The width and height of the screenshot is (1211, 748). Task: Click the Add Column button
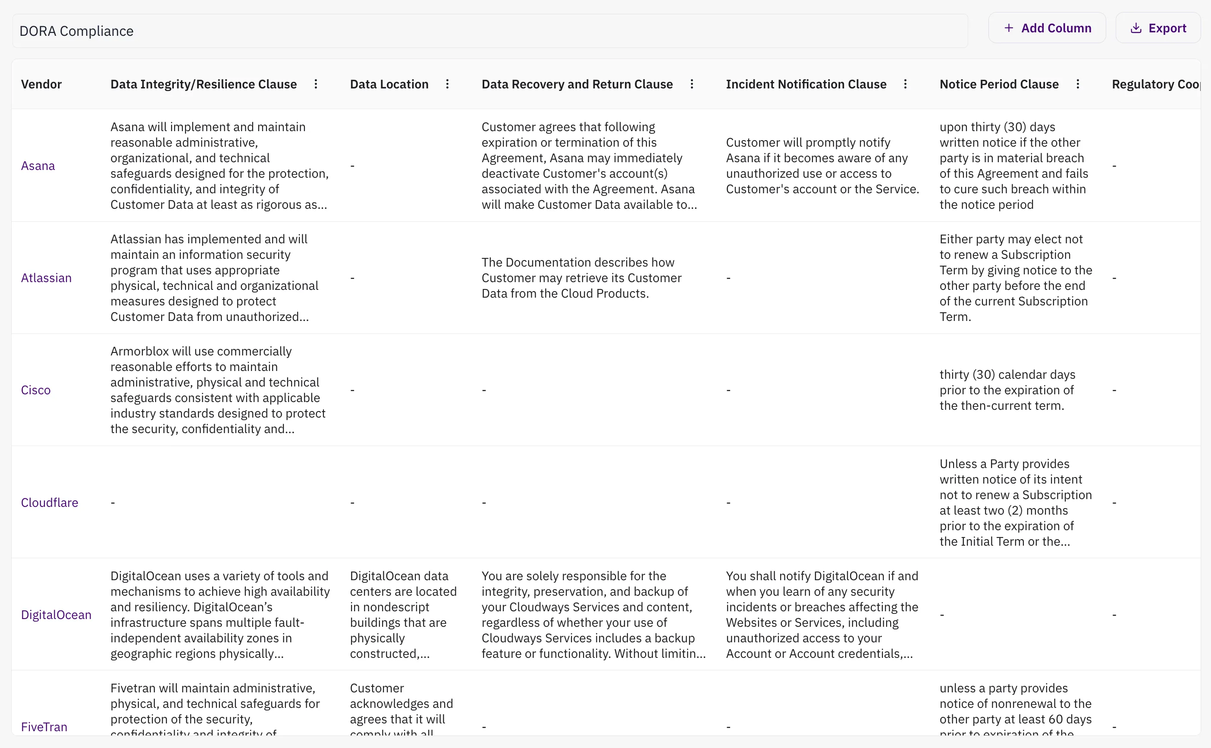point(1047,28)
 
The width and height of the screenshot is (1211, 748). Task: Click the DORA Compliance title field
point(489,31)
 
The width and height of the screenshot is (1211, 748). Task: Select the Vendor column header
point(41,84)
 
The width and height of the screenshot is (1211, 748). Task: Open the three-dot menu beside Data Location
point(448,84)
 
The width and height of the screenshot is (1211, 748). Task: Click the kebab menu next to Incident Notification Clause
point(905,84)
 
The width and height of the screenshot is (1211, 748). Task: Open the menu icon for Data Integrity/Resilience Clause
point(316,84)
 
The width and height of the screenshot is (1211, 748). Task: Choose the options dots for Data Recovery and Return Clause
point(692,84)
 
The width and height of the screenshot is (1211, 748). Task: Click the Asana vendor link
point(38,166)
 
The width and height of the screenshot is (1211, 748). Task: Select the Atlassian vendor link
point(47,278)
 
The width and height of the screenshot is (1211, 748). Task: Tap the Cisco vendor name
point(36,390)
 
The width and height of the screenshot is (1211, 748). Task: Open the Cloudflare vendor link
point(50,503)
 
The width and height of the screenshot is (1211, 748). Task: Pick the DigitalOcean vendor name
point(56,615)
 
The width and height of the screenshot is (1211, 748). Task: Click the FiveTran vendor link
point(44,727)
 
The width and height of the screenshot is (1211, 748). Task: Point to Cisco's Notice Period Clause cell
point(1007,390)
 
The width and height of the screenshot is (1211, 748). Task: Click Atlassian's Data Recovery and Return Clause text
point(581,278)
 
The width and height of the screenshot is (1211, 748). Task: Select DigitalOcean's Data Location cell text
point(402,615)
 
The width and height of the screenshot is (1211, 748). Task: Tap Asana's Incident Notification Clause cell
point(822,166)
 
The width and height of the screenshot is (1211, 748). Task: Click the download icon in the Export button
point(1136,28)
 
